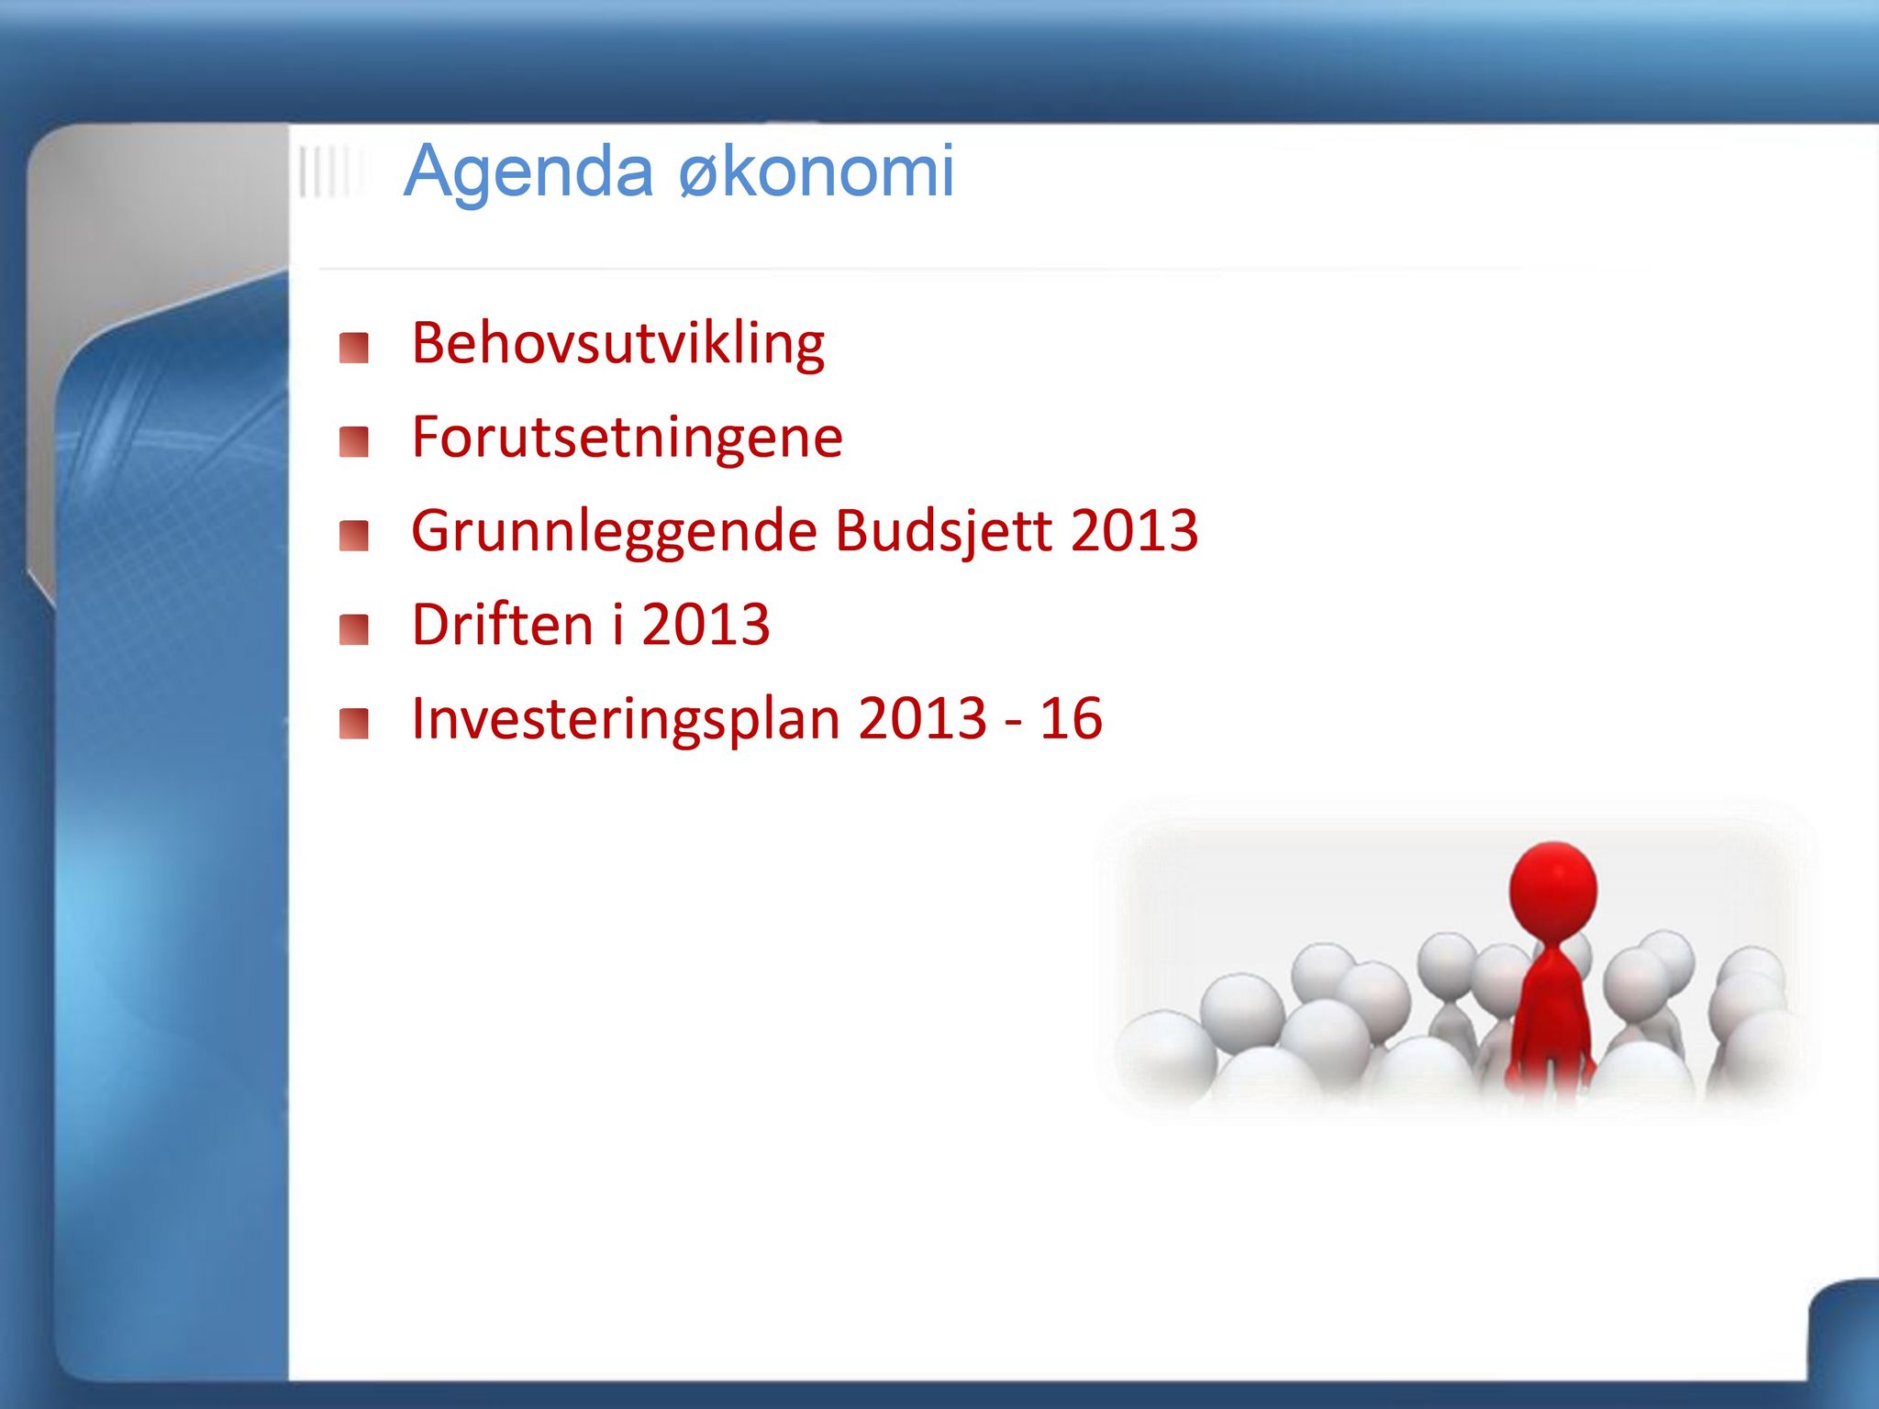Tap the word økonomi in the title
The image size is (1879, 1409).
point(817,171)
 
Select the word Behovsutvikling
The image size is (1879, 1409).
point(618,345)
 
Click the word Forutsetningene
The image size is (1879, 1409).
point(628,438)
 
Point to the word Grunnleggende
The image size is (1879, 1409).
point(614,532)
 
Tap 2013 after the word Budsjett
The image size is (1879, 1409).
point(1135,531)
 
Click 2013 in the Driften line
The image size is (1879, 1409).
point(706,625)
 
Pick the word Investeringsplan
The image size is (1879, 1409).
point(626,719)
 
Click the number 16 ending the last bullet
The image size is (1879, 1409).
point(1071,718)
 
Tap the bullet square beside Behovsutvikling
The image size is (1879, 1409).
point(353,349)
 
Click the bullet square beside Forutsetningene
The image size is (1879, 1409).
point(353,442)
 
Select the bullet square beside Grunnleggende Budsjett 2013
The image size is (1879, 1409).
point(353,537)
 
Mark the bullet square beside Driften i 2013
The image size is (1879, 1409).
point(353,630)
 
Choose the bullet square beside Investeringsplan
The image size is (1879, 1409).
point(353,724)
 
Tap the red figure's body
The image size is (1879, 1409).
point(1551,1018)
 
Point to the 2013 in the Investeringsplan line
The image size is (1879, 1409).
point(923,718)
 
